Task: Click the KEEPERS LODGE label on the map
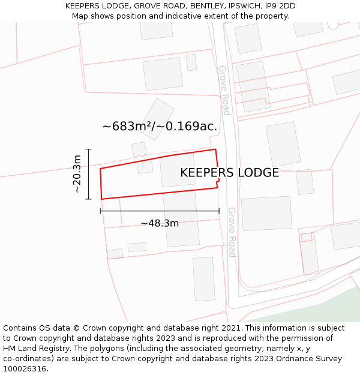pos(229,173)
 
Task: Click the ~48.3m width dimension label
pos(160,223)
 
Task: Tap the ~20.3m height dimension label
pos(77,174)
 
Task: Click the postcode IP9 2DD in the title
pos(280,6)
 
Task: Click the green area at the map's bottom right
pos(318,309)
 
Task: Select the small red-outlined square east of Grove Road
pos(306,237)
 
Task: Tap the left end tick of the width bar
pos(100,211)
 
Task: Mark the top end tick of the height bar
pos(88,149)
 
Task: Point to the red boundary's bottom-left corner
pos(101,199)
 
